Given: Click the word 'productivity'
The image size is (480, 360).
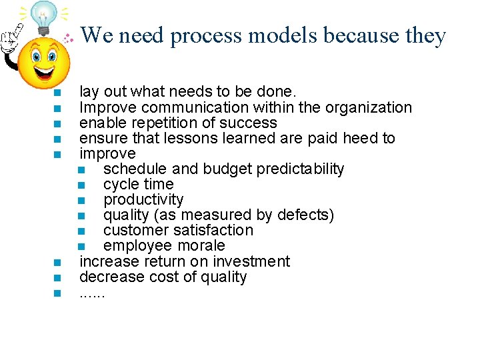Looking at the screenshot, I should (x=143, y=199).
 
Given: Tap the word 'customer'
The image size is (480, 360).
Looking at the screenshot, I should (x=135, y=230).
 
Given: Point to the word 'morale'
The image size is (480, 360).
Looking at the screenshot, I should (x=201, y=245).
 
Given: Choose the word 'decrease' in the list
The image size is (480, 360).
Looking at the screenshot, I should (x=109, y=277).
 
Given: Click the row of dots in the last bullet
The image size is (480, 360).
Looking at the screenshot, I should (x=92, y=293).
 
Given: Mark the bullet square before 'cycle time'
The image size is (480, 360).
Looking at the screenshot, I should (x=81, y=185).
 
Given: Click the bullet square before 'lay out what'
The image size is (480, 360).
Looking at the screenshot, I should (x=57, y=93).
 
